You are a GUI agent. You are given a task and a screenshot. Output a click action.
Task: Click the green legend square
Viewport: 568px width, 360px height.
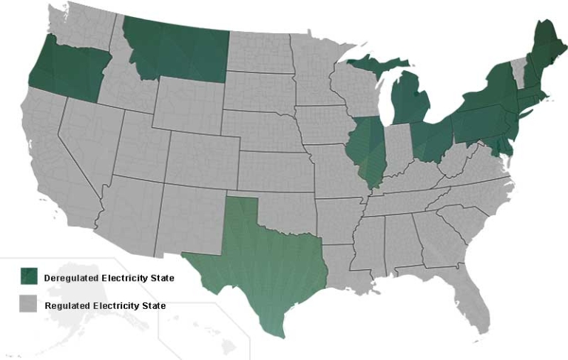[27, 276]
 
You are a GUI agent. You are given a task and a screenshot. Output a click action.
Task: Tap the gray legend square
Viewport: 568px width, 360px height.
[27, 304]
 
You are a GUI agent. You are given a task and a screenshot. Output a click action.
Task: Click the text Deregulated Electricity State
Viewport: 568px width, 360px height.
[109, 279]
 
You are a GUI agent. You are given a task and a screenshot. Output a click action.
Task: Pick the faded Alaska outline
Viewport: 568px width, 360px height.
[81, 325]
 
